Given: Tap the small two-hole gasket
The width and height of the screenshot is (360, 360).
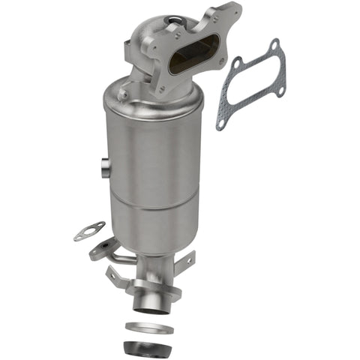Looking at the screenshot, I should point(89,231).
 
